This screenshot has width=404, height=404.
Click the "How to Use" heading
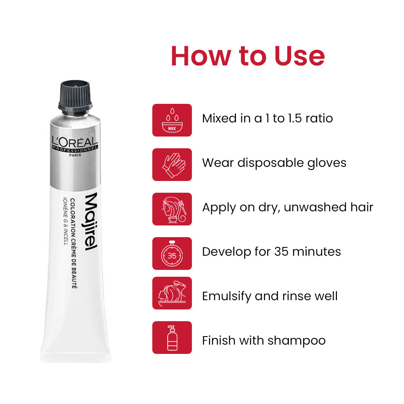[x=248, y=56]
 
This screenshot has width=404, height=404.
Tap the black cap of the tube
[x=75, y=97]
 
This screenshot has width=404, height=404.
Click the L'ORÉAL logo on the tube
[x=75, y=142]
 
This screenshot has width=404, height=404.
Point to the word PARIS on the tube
[x=75, y=155]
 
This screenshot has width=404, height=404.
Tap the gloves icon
[x=174, y=165]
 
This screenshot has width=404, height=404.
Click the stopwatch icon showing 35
[x=172, y=254]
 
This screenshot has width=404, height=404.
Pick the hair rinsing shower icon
[x=172, y=293]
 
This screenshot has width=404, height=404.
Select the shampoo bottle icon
[x=172, y=338]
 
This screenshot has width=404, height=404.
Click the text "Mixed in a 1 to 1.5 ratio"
[x=267, y=118]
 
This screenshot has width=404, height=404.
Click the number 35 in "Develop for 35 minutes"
[x=281, y=252]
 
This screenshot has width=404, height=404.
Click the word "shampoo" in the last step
[x=297, y=341]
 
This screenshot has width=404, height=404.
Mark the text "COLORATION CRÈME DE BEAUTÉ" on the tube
[x=74, y=243]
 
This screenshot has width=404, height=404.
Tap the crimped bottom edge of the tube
[x=76, y=358]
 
